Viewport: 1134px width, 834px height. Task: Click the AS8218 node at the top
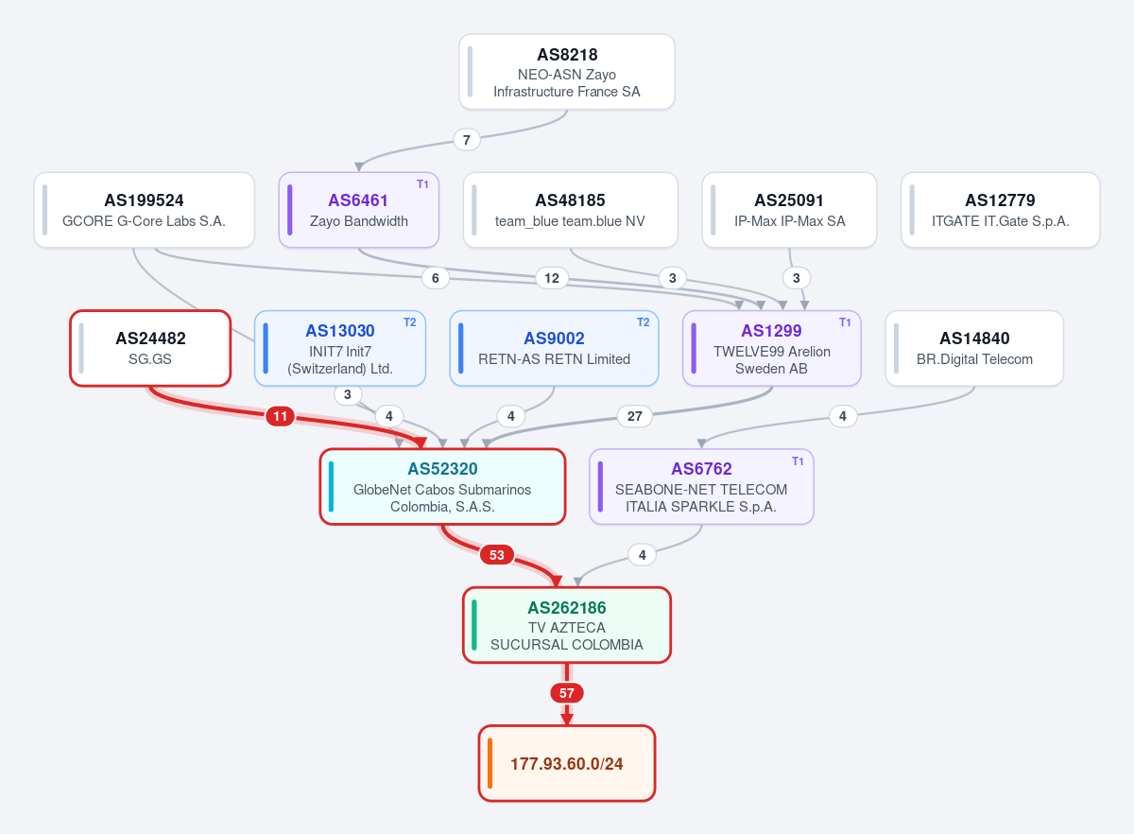click(566, 72)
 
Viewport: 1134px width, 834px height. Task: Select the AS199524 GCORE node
click(145, 210)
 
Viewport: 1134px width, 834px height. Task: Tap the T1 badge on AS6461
click(422, 184)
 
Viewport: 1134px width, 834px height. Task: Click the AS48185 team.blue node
click(570, 210)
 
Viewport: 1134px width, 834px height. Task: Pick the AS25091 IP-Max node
click(789, 210)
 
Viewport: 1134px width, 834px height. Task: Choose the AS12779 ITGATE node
click(1001, 210)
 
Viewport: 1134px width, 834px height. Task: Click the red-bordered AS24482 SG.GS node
click(150, 348)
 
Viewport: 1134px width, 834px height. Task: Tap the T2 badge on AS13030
click(409, 322)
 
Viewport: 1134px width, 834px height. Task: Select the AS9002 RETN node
click(554, 348)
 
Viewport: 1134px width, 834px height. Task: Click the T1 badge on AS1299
click(845, 322)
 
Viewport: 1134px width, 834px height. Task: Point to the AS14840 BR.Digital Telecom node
click(974, 348)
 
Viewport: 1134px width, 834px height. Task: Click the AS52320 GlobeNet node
click(442, 486)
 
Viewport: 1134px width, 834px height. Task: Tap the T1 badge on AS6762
click(798, 461)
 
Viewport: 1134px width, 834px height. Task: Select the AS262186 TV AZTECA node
click(566, 625)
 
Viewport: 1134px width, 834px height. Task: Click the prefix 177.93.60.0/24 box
click(566, 764)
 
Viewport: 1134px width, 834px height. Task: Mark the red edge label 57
click(566, 692)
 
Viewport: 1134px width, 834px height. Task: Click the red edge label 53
click(497, 555)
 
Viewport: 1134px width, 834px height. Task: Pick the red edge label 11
click(280, 416)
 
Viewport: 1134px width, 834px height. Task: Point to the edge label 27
click(634, 416)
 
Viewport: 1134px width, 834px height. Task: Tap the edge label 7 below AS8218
click(466, 140)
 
